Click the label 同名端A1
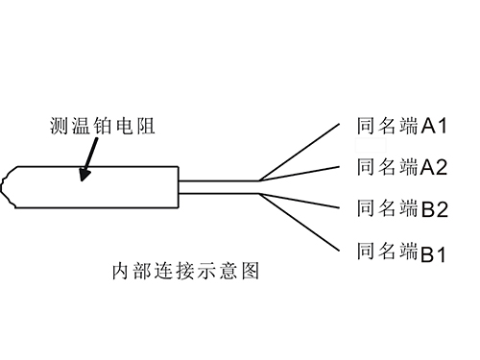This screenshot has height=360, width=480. coord(396,126)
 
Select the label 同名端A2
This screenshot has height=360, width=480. coord(396,167)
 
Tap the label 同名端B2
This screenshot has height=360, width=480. coord(396,208)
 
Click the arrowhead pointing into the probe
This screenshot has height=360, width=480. coord(84,175)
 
